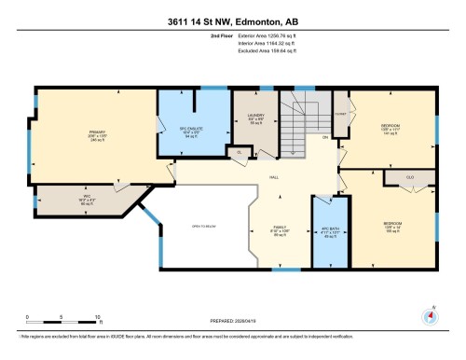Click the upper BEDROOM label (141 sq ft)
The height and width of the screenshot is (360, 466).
(x=391, y=125)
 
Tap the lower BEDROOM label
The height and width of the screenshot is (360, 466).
(x=392, y=224)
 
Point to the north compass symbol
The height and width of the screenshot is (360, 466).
(x=430, y=313)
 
